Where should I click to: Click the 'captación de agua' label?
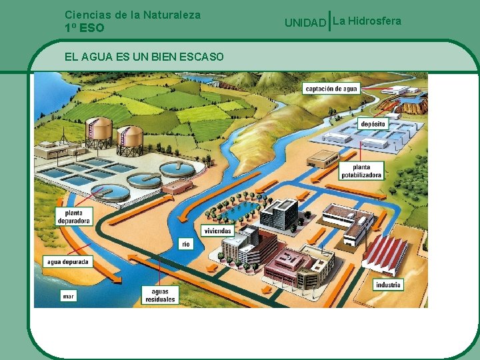coord(331,89)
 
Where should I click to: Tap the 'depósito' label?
coord(372,125)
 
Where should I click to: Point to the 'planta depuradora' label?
coord(74,216)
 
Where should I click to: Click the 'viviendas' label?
coord(218,231)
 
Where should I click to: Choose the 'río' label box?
coord(186,244)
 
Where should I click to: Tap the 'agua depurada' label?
coord(67,262)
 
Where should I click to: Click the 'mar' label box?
coord(69,295)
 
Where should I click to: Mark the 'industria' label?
coord(388,285)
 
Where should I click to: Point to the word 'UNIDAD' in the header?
coord(306,23)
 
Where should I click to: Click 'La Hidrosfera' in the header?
coord(367,21)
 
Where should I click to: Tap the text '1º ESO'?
coord(85,28)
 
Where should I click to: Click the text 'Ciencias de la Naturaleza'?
coord(133,14)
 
